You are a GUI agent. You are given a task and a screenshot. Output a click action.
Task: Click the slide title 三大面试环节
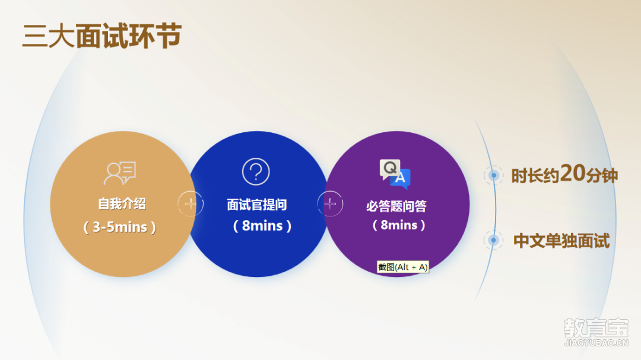[x=102, y=36]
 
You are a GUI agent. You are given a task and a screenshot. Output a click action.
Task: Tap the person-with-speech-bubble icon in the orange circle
[x=120, y=173]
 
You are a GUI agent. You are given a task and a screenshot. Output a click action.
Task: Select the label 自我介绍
[x=122, y=203]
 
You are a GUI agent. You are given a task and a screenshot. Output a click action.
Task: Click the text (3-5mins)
[x=120, y=227]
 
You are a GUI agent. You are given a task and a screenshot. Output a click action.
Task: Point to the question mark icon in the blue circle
[x=256, y=171]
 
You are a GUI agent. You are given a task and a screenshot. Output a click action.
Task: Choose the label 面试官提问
[x=257, y=204]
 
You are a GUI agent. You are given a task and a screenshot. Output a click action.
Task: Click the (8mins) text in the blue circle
[x=262, y=225]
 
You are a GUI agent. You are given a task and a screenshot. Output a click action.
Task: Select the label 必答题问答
[x=396, y=206]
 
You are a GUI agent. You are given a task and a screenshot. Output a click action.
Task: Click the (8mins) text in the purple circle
[x=399, y=225]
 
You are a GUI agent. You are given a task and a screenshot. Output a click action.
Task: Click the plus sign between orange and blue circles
[x=191, y=203]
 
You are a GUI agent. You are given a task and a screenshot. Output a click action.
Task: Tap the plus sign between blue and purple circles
[x=331, y=203]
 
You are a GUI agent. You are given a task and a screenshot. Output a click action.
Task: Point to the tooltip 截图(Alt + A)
[x=402, y=267]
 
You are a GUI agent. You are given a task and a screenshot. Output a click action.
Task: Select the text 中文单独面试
[x=561, y=241]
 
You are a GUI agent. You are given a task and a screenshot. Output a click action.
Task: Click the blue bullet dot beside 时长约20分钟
[x=494, y=176]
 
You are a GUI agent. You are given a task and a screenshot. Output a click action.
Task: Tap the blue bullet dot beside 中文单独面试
[x=493, y=240]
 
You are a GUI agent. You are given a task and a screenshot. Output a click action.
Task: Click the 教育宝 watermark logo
[x=596, y=328]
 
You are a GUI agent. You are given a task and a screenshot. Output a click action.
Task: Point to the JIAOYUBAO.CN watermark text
[x=596, y=343]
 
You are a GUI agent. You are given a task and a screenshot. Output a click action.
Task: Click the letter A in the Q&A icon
[x=400, y=178]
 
